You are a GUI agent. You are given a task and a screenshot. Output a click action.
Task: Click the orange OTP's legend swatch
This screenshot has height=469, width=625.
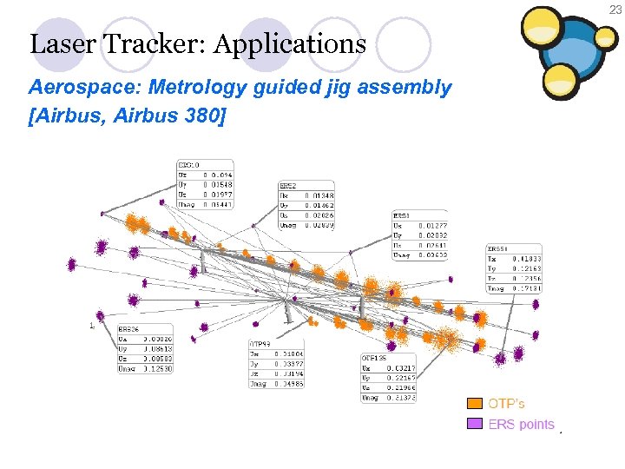click(475, 404)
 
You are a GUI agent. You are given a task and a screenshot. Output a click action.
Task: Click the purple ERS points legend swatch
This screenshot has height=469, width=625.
click(475, 424)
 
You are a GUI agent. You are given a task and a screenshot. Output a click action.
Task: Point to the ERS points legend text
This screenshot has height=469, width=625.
click(521, 424)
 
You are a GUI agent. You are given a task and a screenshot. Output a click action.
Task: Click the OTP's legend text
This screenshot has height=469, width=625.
click(506, 404)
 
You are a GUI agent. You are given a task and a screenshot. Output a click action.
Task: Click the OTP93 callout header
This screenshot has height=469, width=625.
click(261, 345)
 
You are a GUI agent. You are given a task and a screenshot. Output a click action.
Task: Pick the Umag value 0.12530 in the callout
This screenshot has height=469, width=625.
click(158, 368)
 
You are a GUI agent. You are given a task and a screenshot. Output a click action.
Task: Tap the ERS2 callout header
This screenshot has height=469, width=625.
click(288, 186)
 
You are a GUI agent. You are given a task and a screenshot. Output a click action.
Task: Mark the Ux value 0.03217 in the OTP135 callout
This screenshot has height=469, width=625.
click(401, 368)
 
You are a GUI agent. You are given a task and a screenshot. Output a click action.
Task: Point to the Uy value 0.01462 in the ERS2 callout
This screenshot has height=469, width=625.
click(319, 206)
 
